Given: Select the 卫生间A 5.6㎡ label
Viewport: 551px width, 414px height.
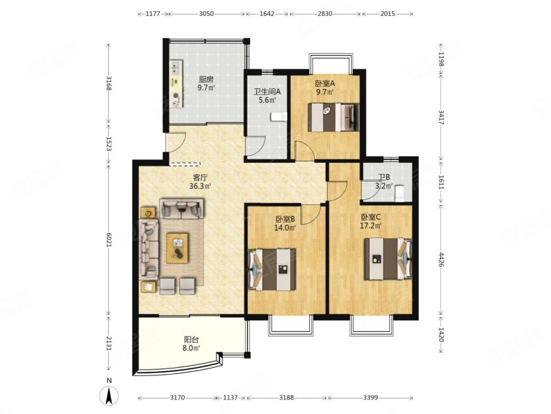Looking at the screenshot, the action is click(x=267, y=96).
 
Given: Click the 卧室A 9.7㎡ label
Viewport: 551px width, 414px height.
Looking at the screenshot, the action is click(x=324, y=88).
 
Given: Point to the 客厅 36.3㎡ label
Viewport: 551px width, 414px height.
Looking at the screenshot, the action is click(x=200, y=181).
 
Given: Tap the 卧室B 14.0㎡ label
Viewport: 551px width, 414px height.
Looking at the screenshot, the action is click(x=285, y=223).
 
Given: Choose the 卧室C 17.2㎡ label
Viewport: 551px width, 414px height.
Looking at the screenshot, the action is click(x=371, y=221).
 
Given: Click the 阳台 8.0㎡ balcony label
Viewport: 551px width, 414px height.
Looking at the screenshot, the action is click(x=191, y=344).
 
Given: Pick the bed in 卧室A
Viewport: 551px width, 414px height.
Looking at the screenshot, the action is click(x=334, y=117).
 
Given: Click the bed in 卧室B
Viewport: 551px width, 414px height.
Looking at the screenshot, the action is click(x=273, y=270).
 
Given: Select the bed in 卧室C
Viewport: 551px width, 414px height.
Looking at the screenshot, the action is click(x=388, y=259).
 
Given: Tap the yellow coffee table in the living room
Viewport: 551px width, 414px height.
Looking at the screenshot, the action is click(x=178, y=248).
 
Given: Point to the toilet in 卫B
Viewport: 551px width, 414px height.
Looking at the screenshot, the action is click(x=399, y=193).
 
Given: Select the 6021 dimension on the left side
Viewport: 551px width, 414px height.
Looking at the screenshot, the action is click(x=109, y=240).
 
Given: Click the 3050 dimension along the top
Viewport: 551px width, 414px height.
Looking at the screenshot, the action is click(x=206, y=14).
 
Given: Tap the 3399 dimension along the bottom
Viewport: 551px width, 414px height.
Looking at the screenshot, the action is click(x=371, y=397).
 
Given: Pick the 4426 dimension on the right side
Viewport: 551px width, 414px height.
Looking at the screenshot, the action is click(x=441, y=259).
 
